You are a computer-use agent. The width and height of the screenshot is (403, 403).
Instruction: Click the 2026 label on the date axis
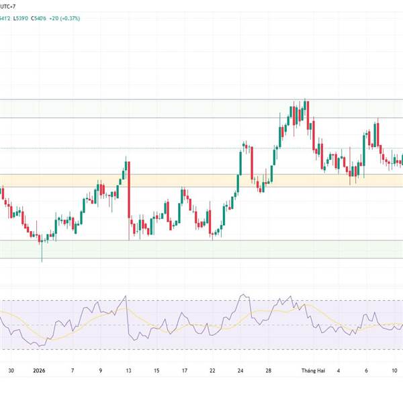(40, 370)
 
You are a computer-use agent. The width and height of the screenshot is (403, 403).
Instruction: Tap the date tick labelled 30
(11, 370)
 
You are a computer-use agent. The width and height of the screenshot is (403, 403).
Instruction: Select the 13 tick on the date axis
(128, 370)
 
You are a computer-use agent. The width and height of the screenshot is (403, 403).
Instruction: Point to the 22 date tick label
(212, 370)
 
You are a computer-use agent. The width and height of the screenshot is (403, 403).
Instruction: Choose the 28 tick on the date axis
(268, 370)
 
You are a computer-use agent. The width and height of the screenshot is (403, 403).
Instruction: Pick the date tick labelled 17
(183, 370)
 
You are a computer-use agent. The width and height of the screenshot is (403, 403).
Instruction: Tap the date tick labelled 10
(394, 370)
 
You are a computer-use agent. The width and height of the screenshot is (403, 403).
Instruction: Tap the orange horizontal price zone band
(201, 180)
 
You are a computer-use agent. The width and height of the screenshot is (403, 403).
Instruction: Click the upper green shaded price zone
(201, 108)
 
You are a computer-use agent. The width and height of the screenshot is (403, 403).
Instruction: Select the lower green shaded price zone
(201, 249)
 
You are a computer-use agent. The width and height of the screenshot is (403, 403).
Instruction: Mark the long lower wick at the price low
(42, 253)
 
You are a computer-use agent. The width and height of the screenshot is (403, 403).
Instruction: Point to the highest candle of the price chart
(306, 111)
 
